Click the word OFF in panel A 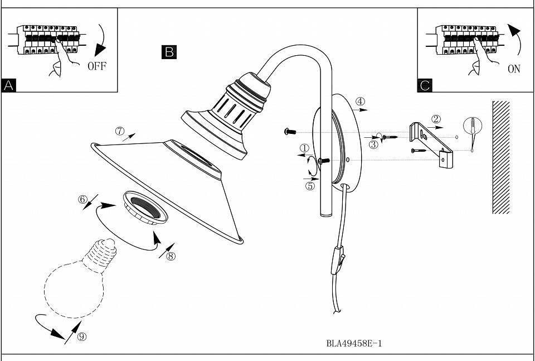97,66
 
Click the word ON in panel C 514,69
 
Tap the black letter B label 169,52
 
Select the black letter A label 8,85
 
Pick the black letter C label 425,85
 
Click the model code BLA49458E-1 354,343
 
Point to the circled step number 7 120,131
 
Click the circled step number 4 360,102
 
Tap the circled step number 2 436,119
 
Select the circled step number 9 82,337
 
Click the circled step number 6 83,199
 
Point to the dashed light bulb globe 74,289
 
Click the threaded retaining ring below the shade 145,208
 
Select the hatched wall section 501,157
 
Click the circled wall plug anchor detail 473,126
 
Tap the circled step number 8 171,256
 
